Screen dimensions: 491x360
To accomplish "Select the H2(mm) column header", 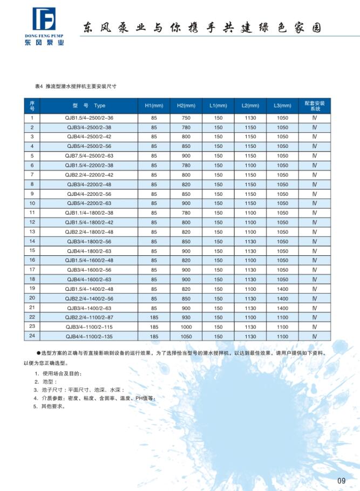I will [x=186, y=106].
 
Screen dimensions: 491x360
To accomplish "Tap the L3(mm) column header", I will [x=282, y=106].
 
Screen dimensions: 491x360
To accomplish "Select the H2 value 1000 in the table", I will [x=186, y=326].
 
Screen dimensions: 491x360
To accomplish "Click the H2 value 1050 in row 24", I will [x=186, y=336].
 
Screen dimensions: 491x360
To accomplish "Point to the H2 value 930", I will [x=186, y=317].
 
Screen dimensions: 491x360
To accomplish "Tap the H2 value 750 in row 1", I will [x=186, y=118].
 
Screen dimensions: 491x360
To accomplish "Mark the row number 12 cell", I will [x=32, y=222].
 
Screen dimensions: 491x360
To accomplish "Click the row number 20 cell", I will [x=32, y=298].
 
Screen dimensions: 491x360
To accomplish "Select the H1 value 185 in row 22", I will [x=154, y=317].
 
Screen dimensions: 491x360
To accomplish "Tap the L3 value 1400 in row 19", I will [x=282, y=289].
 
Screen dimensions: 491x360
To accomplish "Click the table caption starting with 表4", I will [x=76, y=86].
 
